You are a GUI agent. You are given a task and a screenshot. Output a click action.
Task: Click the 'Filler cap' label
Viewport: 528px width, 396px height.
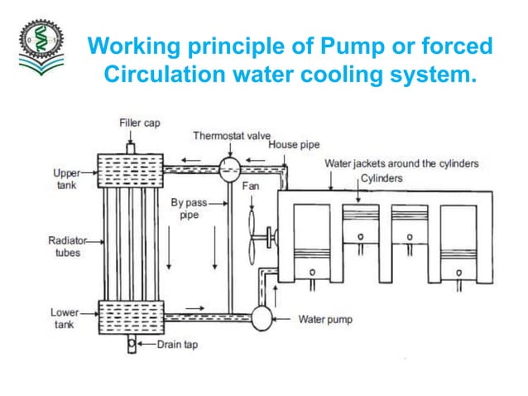point(137,123)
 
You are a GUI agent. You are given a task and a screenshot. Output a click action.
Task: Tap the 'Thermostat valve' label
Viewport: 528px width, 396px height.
point(226,134)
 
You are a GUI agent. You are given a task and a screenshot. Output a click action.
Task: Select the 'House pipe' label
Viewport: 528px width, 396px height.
point(293,145)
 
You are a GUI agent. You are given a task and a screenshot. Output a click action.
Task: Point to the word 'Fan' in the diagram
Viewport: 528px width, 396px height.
point(250,187)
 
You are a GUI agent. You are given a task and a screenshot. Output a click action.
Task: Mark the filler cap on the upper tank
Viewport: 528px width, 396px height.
point(129,147)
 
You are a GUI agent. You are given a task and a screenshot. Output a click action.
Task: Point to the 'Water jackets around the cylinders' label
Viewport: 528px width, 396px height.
point(401,163)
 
